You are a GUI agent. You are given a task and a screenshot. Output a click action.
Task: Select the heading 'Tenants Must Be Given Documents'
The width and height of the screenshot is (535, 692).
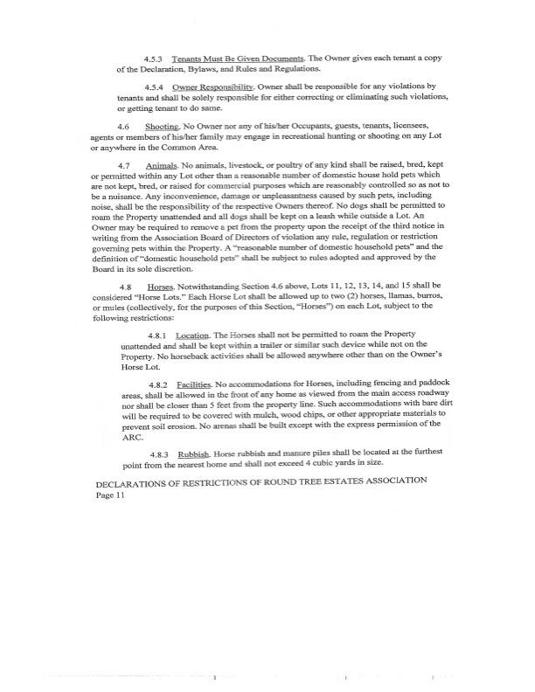pyautogui.click(x=222, y=56)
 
